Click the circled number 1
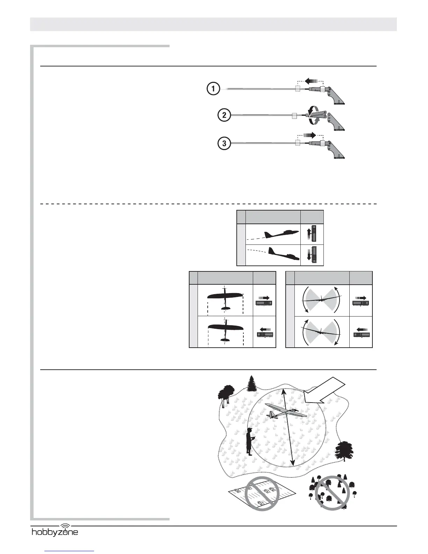(213, 89)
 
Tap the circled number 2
(224, 115)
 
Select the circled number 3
(224, 143)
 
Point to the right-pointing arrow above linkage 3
(310, 135)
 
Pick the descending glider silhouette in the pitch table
(283, 254)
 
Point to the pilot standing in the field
(249, 441)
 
